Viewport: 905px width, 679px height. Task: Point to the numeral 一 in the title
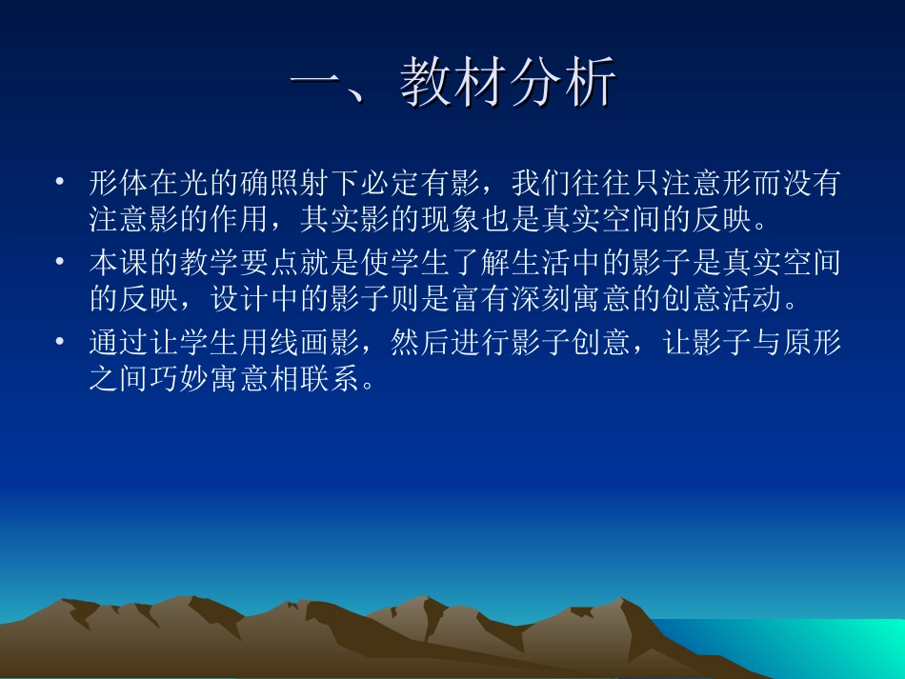click(314, 83)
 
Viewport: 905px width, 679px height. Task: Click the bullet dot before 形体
click(61, 181)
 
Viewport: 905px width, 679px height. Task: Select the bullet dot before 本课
click(61, 261)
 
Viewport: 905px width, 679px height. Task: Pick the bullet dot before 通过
click(61, 340)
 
